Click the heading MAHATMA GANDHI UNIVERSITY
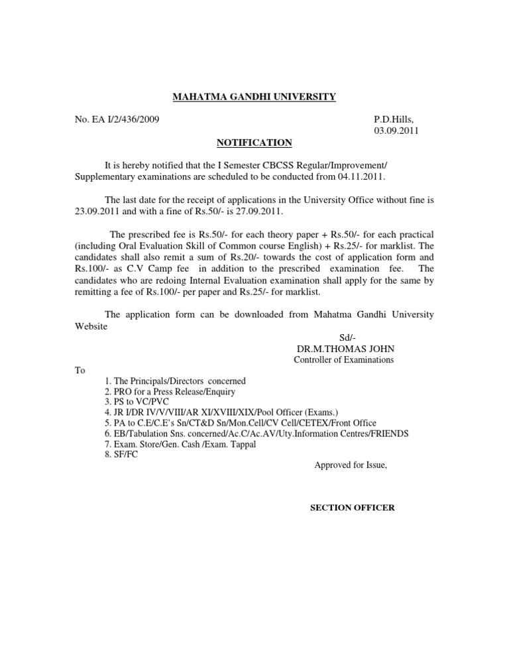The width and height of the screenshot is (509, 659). point(254,97)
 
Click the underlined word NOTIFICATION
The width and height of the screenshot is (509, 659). point(254,143)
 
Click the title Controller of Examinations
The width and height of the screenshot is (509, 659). point(343,360)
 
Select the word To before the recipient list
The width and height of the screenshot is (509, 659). point(80,371)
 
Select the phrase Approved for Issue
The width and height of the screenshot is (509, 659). point(350,465)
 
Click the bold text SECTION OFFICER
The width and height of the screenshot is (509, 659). point(353,508)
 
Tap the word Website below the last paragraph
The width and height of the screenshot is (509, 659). point(90,327)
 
